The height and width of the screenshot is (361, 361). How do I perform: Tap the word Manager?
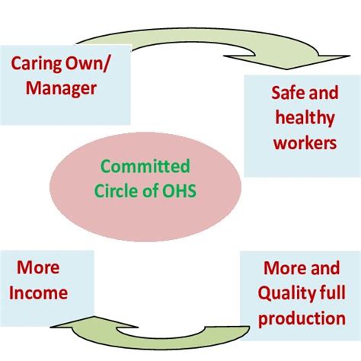pyautogui.click(x=61, y=88)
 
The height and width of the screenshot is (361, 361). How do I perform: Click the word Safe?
pyautogui.click(x=288, y=94)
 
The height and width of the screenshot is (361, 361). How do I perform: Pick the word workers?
pyautogui.click(x=304, y=142)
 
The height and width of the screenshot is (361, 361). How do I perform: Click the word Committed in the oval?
pyautogui.click(x=145, y=167)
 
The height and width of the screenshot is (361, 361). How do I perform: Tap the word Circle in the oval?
pyautogui.click(x=119, y=190)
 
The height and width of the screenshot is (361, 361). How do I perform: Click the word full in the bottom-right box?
pyautogui.click(x=330, y=293)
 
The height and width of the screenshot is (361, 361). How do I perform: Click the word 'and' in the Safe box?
pyautogui.click(x=323, y=94)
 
